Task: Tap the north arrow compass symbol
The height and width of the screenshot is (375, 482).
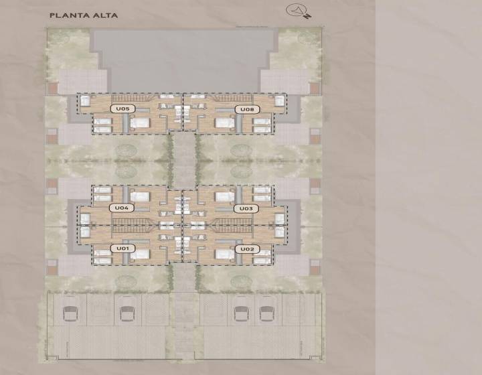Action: click(x=298, y=11)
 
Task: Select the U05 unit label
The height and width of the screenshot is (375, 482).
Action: click(x=123, y=108)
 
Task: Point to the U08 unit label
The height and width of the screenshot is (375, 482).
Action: click(x=247, y=109)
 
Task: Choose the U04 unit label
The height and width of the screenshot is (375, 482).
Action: click(x=121, y=208)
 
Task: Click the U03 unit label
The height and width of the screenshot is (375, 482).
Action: click(x=246, y=209)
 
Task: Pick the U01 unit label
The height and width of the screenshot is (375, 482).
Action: click(x=123, y=248)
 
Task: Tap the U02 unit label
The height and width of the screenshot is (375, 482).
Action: click(x=247, y=249)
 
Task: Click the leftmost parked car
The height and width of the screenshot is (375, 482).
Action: click(x=70, y=313)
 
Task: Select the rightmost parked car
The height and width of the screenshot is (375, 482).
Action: click(x=267, y=313)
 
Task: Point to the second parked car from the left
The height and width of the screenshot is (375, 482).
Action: click(x=127, y=313)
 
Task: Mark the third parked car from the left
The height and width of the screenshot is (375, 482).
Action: click(x=242, y=313)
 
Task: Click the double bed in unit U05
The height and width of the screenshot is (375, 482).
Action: click(x=139, y=123)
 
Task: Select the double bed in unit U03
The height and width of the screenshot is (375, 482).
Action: click(x=225, y=197)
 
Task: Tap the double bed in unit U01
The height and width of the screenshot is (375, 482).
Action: click(x=139, y=254)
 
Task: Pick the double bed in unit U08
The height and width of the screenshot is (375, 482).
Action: click(x=225, y=123)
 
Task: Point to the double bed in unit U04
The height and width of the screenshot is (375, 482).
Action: click(x=139, y=197)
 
